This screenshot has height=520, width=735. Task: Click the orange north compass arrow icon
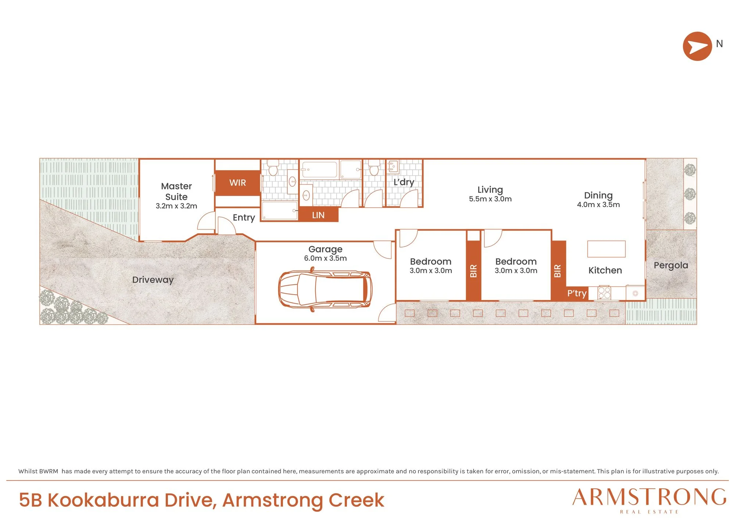697,46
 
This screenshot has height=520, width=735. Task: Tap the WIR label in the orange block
237,183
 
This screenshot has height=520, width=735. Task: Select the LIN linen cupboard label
318,215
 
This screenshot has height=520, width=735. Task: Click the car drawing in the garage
325,289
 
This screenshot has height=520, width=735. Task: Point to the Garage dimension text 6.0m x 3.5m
325,258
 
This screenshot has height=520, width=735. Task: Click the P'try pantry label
577,293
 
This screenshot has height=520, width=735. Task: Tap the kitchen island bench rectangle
606,249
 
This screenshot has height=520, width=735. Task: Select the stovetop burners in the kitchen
604,293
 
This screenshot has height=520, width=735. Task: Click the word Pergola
671,266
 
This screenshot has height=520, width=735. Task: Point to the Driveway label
153,280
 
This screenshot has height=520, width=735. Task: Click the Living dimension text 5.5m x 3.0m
490,199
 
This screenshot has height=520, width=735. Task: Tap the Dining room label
598,196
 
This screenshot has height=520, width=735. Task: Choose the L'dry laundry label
404,182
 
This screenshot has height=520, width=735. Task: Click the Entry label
244,218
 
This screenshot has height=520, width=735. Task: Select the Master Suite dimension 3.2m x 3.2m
176,206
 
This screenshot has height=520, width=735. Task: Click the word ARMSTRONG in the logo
649,497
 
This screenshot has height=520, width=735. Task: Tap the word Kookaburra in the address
103,500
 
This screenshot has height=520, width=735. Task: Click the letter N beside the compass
720,44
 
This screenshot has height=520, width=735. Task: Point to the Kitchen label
605,270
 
